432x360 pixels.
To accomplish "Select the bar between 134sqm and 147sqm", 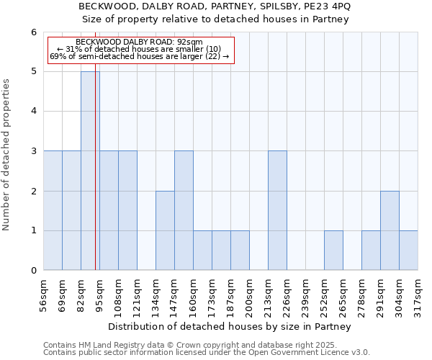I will coord(165,230).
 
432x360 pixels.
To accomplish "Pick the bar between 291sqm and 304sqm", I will coord(390,230).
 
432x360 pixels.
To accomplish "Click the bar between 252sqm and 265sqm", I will coord(333,251).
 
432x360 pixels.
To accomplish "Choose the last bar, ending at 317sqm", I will coord(408,251).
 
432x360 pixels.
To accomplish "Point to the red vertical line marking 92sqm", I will coord(95,180).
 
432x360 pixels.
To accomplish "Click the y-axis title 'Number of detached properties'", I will coord(7,151).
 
